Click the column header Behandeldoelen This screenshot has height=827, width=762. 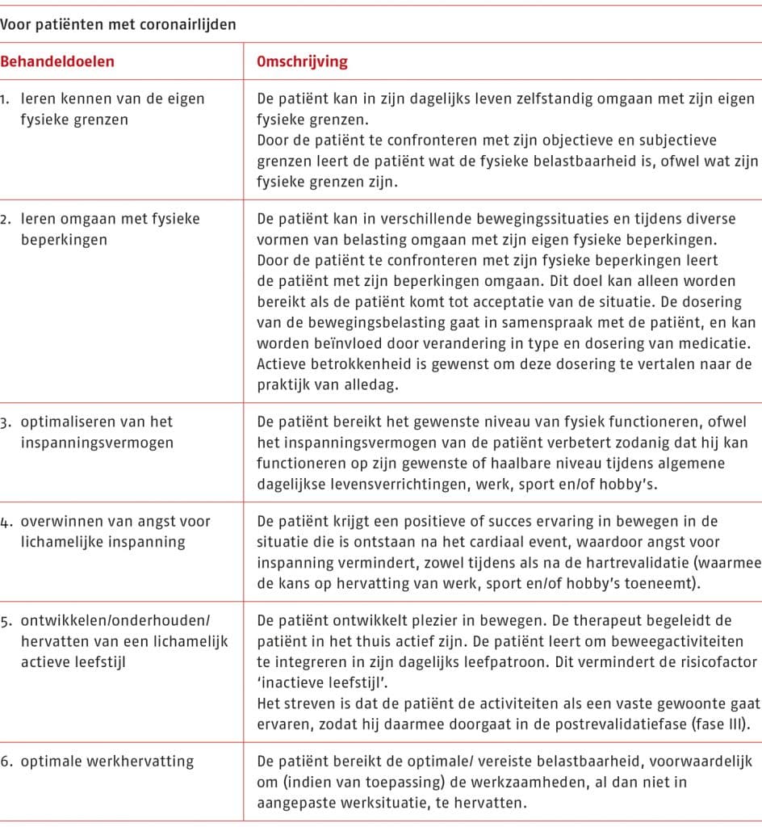click(57, 61)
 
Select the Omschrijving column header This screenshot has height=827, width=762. click(303, 61)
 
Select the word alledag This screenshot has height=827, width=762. click(376, 384)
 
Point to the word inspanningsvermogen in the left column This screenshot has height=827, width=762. click(97, 443)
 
